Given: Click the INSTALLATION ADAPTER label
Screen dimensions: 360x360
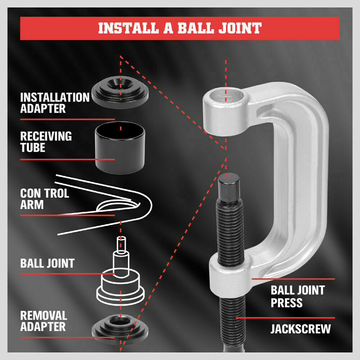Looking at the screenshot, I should pyautogui.click(x=54, y=103).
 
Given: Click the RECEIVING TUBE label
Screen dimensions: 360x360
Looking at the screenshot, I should pyautogui.click(x=46, y=141).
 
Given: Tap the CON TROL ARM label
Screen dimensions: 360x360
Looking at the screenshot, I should pyautogui.click(x=44, y=199).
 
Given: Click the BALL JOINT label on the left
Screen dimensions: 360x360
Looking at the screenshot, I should pyautogui.click(x=47, y=263).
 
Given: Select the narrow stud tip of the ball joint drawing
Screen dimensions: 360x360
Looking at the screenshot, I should pyautogui.click(x=121, y=243).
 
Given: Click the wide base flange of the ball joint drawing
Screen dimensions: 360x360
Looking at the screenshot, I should pyautogui.click(x=121, y=295).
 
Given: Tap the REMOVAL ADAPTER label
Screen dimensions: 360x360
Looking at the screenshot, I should pyautogui.click(x=43, y=321).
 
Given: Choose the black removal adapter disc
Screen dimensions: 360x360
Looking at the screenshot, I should pyautogui.click(x=120, y=326).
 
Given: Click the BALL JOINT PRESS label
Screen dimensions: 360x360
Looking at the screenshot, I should pyautogui.click(x=297, y=296).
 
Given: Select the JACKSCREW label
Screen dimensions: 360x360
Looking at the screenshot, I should pyautogui.click(x=300, y=329).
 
